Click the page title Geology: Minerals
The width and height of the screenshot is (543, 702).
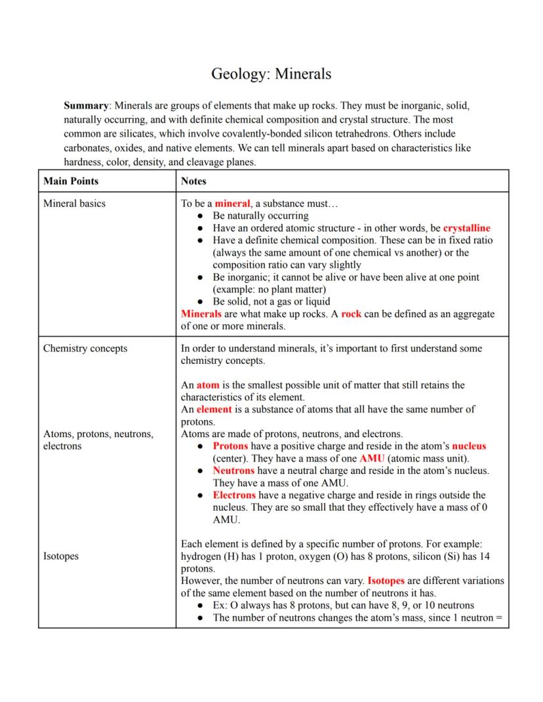coord(271,73)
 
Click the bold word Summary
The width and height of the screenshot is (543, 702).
coord(86,105)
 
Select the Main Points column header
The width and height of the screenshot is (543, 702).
coord(71,181)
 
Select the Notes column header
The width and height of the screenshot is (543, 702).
coord(193,181)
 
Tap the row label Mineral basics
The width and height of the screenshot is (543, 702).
coord(74,203)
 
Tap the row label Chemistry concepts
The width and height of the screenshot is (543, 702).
coord(85,348)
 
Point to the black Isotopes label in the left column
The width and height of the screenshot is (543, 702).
coord(60,556)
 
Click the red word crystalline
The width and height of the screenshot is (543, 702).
coord(466,228)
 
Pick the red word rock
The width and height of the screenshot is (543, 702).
coord(351,314)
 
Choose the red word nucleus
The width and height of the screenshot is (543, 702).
coord(469,446)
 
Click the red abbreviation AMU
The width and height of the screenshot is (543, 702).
coord(372,458)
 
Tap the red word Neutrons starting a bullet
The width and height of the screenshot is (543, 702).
coord(233,471)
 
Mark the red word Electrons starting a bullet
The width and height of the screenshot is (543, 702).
coord(233,495)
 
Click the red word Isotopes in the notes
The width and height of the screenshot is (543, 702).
coord(386,581)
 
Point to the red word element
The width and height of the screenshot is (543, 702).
coord(214,409)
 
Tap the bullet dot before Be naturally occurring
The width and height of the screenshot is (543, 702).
coord(201,216)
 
